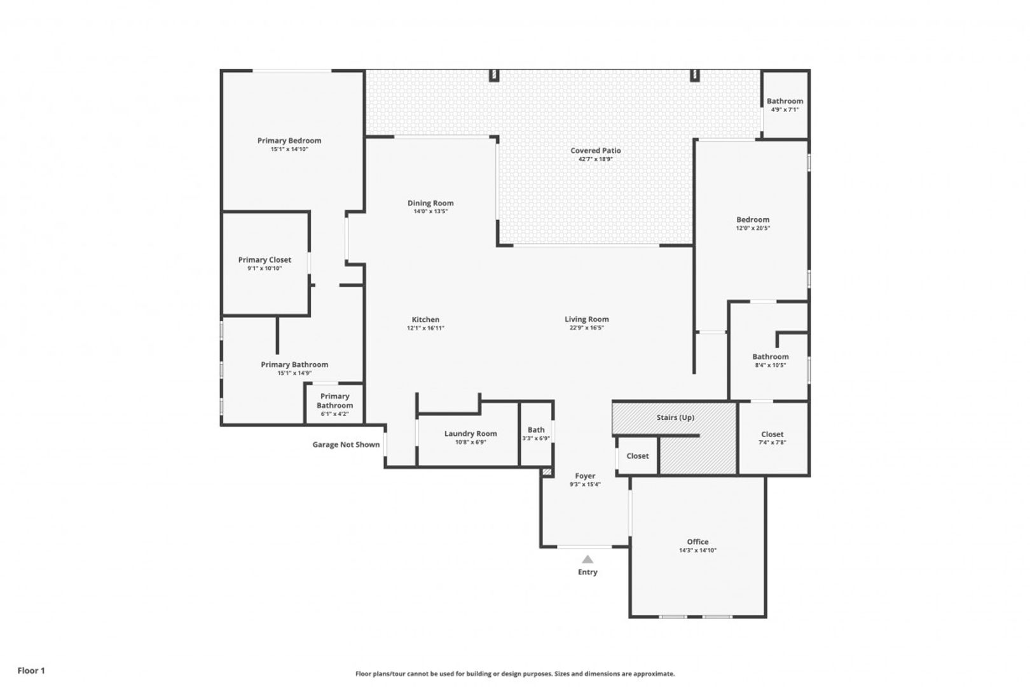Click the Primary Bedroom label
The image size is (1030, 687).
click(x=289, y=141)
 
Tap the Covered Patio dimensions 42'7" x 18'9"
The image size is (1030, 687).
click(x=596, y=159)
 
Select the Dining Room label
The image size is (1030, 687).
click(x=430, y=203)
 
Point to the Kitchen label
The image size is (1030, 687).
click(x=425, y=319)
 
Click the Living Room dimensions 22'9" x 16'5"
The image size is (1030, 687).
click(x=587, y=328)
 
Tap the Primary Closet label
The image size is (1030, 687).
click(x=264, y=260)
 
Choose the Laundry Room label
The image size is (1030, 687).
click(x=470, y=433)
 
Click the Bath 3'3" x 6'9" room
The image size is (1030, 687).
click(x=536, y=433)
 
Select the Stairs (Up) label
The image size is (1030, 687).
click(x=675, y=418)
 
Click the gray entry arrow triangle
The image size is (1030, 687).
click(x=587, y=560)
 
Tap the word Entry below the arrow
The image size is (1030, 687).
click(x=587, y=572)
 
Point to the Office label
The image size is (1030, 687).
click(x=697, y=542)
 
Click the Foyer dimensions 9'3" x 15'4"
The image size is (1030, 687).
click(x=585, y=484)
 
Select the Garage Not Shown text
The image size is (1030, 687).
click(x=347, y=445)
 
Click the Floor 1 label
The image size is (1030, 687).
click(x=31, y=670)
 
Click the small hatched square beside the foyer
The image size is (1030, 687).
click(x=547, y=471)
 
